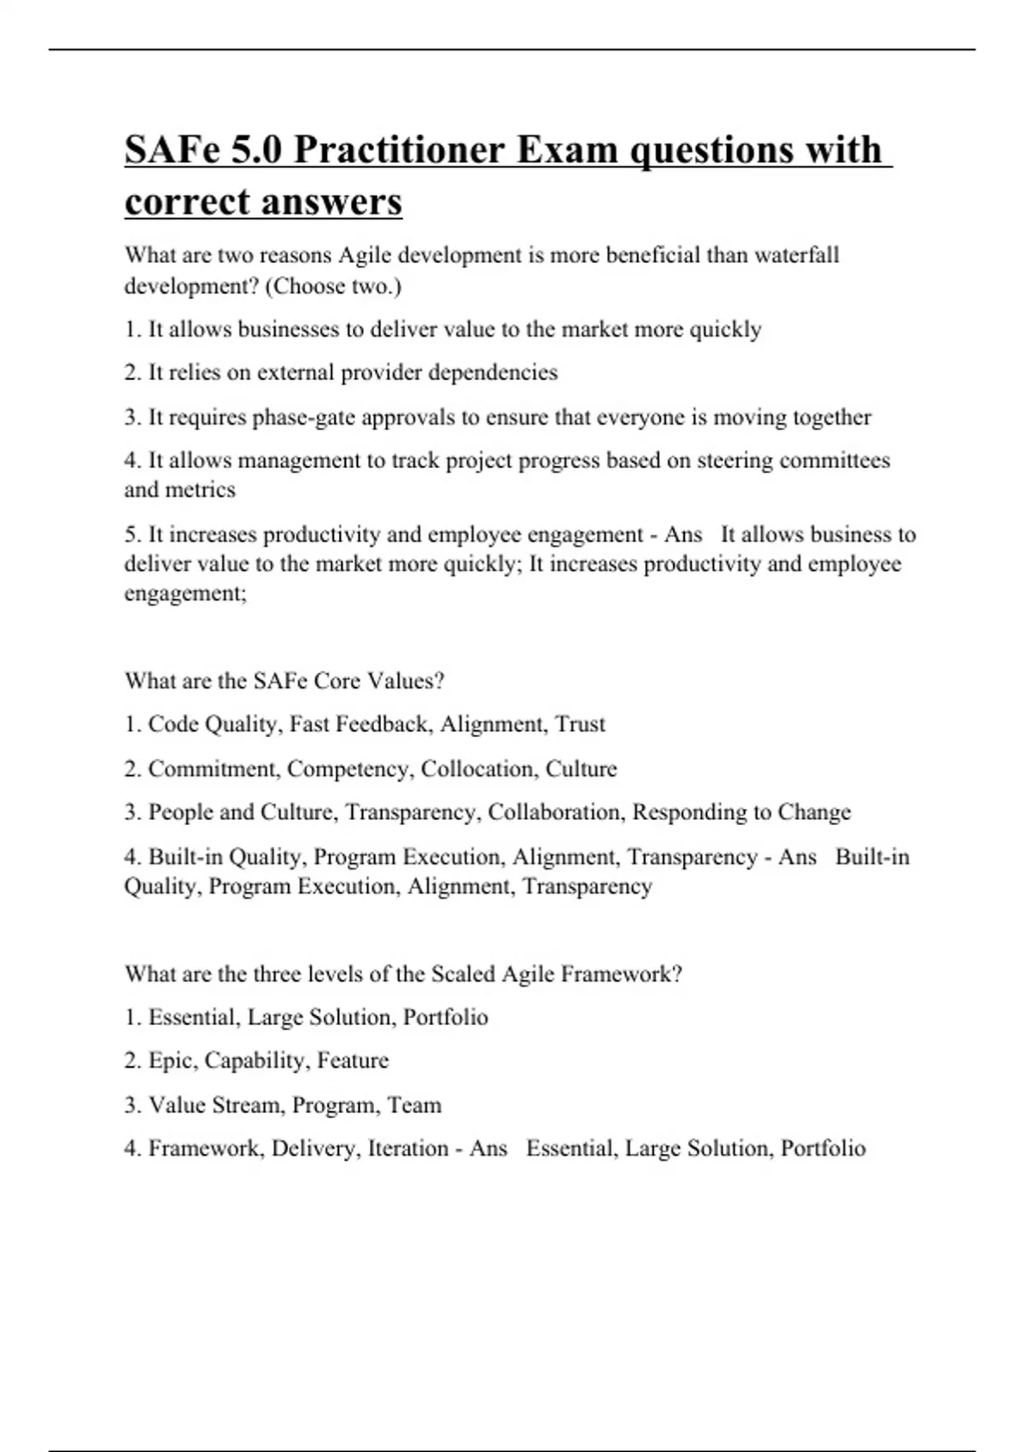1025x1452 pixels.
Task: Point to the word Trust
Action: [580, 724]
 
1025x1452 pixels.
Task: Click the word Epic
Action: [173, 1061]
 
